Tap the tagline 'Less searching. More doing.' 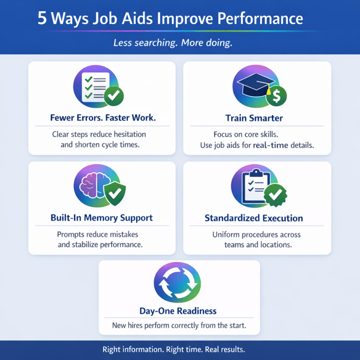coord(173,44)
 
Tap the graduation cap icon coord(252,87)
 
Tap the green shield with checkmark coord(114,194)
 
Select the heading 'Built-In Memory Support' coord(102,218)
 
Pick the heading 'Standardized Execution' coord(254,218)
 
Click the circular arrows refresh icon coord(177,283)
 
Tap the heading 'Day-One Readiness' coord(178,311)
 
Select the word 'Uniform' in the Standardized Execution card coord(226,235)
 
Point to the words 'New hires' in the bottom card coord(127,326)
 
